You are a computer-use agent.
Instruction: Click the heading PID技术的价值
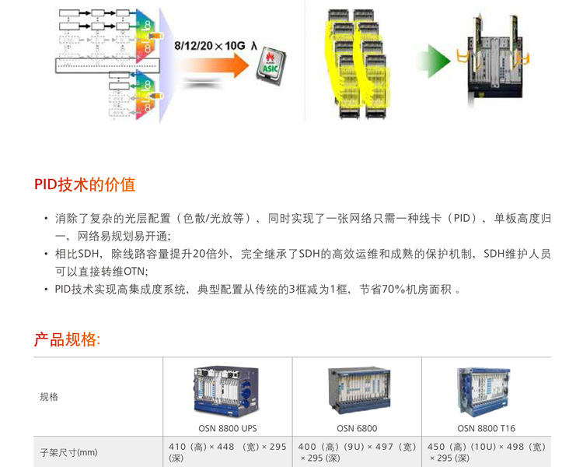[84, 184]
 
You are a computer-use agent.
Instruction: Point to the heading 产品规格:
[67, 339]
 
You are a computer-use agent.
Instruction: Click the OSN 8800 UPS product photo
[227, 390]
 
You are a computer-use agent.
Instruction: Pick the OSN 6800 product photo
[356, 389]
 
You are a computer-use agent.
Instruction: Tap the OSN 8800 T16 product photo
[486, 390]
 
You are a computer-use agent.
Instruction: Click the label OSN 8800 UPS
[227, 428]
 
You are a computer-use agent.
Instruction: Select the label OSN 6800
[357, 428]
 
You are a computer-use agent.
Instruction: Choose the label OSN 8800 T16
[486, 428]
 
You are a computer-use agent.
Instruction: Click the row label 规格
[49, 397]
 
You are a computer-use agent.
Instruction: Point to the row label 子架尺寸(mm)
[68, 451]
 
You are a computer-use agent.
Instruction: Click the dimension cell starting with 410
[227, 452]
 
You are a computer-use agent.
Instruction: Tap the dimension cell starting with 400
[357, 452]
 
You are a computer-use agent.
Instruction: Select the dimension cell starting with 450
[486, 452]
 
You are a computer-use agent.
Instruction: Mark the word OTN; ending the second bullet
[134, 271]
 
